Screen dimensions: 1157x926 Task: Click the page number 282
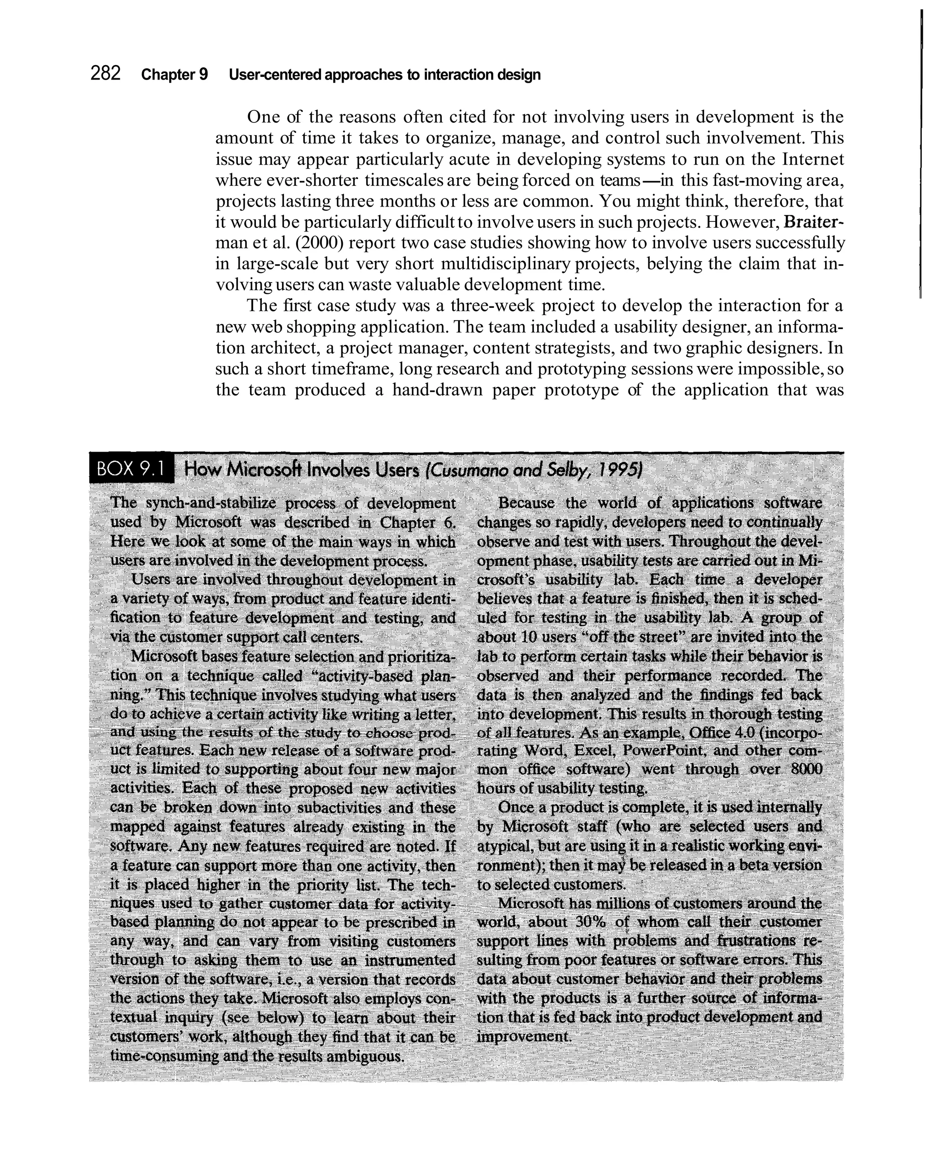pyautogui.click(x=105, y=74)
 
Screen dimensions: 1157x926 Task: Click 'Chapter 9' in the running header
pyautogui.click(x=175, y=75)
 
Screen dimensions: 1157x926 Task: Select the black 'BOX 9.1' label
pyautogui.click(x=132, y=470)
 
